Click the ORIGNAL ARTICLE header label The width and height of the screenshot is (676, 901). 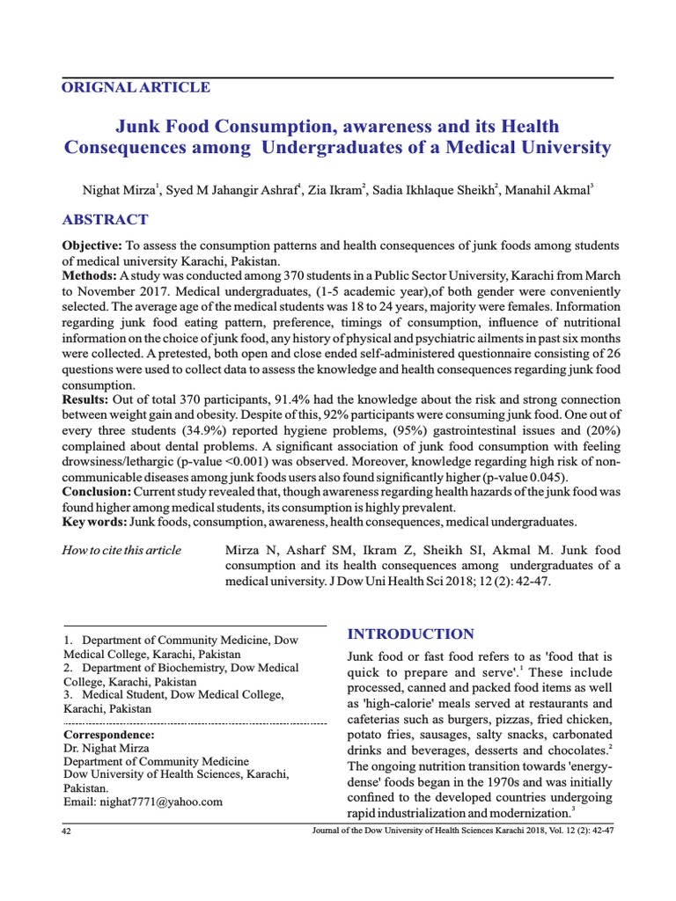(136, 87)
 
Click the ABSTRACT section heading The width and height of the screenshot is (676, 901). (105, 220)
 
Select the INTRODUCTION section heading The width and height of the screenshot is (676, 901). (411, 634)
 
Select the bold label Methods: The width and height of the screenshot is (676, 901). (89, 275)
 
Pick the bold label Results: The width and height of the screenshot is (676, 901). (85, 400)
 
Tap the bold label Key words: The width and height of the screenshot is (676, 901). (94, 522)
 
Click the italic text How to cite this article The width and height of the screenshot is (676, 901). (121, 550)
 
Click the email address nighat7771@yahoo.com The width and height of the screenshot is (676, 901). (143, 802)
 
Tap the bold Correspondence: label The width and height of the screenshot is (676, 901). (109, 734)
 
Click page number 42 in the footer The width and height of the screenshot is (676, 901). (66, 831)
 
